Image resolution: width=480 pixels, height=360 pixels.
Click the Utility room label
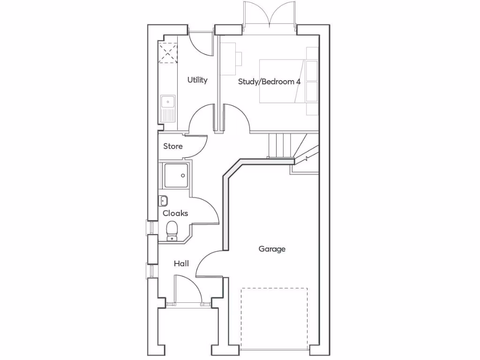point(197,80)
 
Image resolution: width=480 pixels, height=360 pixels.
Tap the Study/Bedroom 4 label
point(269,82)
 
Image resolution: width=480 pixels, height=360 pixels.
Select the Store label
point(173,146)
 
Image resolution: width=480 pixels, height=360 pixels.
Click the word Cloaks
point(175,213)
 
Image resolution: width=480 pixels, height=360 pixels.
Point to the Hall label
point(181,264)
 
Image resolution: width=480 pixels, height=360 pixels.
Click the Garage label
point(272,249)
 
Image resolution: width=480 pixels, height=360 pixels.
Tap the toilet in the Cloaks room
point(172,230)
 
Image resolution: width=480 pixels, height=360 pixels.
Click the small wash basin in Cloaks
point(164,201)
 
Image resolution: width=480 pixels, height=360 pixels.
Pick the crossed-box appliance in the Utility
point(168,52)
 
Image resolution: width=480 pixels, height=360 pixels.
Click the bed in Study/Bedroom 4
point(281,81)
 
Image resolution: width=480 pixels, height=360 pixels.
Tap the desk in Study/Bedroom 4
point(229,59)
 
